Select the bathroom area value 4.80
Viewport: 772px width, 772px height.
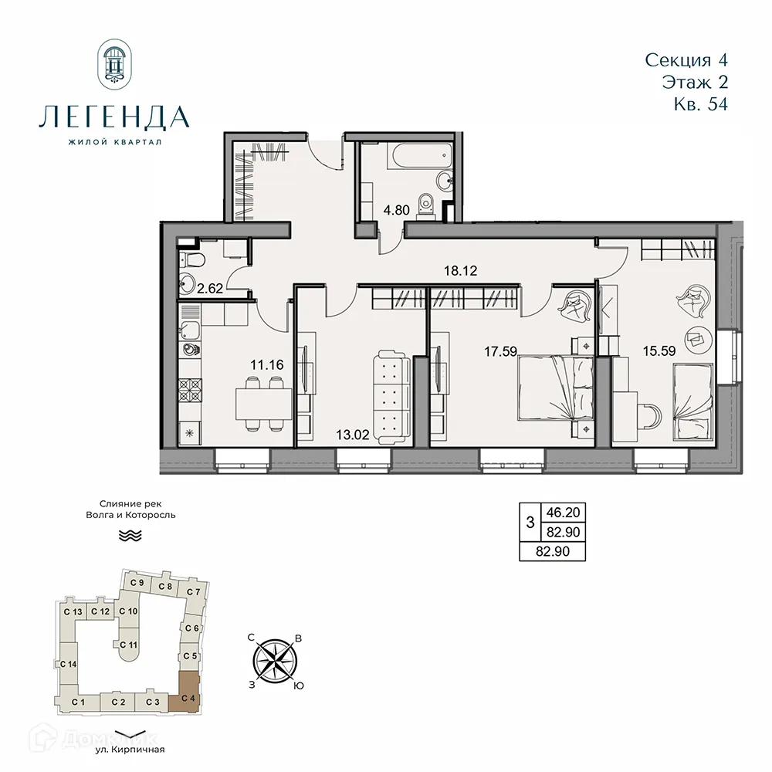point(398,209)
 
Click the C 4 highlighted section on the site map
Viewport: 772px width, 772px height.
point(188,689)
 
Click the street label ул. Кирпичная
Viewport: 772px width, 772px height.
point(130,749)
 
